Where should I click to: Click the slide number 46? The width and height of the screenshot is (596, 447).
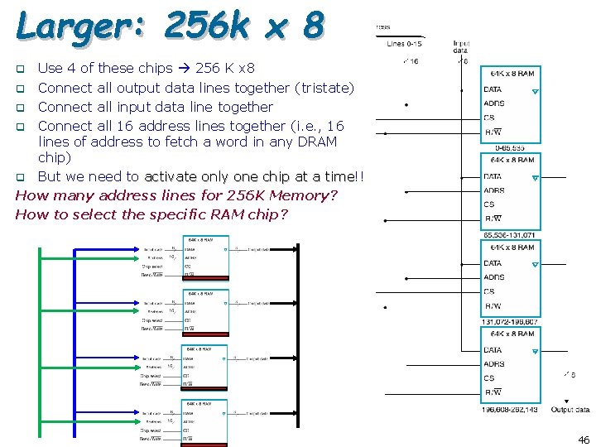coord(584,440)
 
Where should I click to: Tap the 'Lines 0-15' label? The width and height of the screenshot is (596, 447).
coord(405,43)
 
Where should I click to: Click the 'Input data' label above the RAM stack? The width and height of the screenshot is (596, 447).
coord(461,46)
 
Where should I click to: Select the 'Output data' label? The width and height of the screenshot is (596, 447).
coord(570,410)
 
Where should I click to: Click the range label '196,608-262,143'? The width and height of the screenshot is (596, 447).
coord(511,409)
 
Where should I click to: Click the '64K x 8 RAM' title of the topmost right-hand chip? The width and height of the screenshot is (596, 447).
coord(512,74)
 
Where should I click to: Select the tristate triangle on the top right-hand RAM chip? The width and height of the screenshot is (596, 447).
coord(536,91)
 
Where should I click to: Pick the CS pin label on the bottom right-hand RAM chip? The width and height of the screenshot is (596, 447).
coord(489,378)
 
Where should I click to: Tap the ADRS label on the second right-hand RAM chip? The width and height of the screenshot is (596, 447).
coord(494,190)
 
